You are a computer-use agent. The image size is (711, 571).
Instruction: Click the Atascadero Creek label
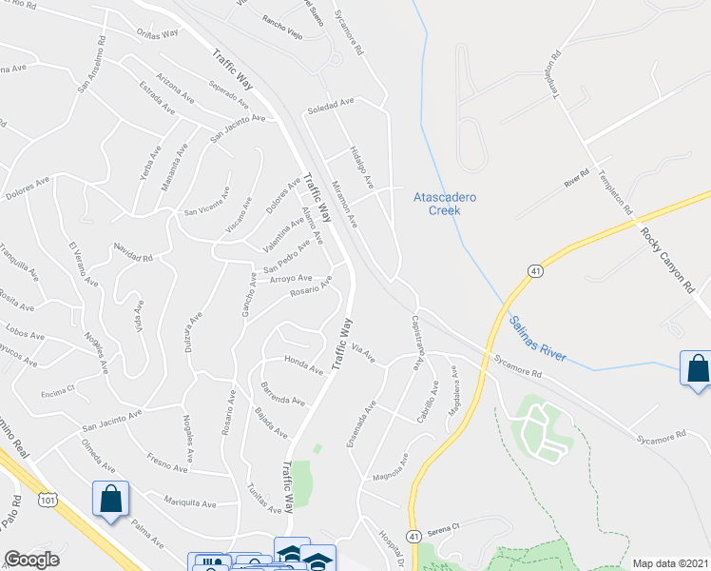click(x=444, y=204)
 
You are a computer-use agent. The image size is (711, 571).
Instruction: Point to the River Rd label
click(x=578, y=178)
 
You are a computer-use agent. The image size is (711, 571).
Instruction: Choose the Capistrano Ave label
click(x=416, y=343)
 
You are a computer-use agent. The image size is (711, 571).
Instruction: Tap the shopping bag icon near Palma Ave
click(x=110, y=499)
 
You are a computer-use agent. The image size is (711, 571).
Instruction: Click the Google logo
click(x=31, y=560)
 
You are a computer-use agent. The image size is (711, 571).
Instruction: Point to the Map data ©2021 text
click(x=670, y=563)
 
